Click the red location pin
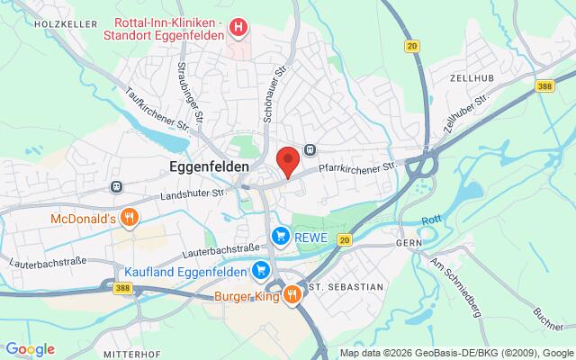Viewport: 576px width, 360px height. coord(287,160)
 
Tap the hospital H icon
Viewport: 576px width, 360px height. coord(238,28)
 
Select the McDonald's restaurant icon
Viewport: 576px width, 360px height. coord(130,217)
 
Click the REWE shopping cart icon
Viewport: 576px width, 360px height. coord(281,236)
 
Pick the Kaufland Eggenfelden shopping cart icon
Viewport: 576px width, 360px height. coord(262,269)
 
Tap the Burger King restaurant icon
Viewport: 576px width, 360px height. coord(292,294)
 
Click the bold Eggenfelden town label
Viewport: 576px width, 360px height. coord(209,166)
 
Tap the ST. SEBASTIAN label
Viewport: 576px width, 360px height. coord(346,286)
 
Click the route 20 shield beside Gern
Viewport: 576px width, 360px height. coord(345,239)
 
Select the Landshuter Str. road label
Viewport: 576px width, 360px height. coord(191,193)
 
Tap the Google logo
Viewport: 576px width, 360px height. coord(30,349)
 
